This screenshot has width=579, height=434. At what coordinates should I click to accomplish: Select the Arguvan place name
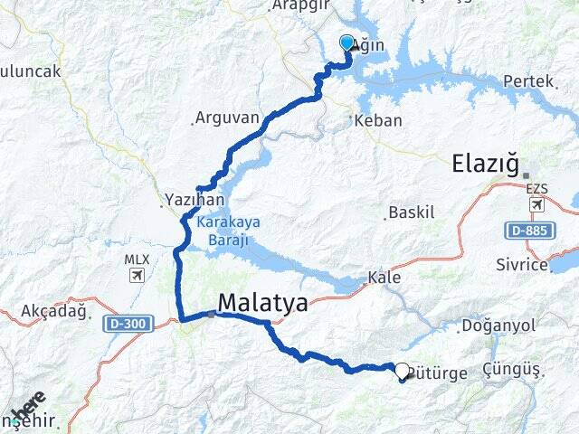pyautogui.click(x=226, y=118)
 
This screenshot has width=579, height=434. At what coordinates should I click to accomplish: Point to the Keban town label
pyautogui.click(x=379, y=120)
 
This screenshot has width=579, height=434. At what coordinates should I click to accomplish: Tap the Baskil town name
pyautogui.click(x=412, y=212)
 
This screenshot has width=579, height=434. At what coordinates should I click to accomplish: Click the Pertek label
pyautogui.click(x=528, y=80)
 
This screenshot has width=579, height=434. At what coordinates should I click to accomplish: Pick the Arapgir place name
pyautogui.click(x=299, y=5)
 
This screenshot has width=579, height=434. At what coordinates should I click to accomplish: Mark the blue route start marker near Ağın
pyautogui.click(x=346, y=43)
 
